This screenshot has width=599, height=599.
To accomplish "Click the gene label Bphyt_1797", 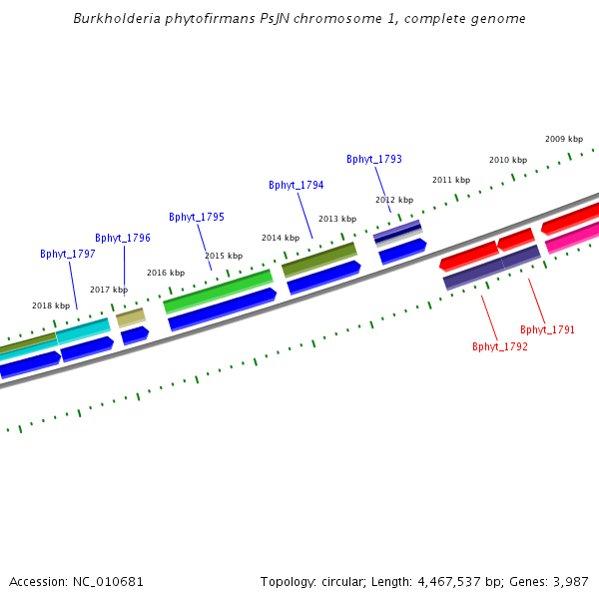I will pos(68,254).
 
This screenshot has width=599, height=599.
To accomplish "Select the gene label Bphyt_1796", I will pos(123,238).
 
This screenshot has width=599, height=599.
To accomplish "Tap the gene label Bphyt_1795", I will pos(197,217).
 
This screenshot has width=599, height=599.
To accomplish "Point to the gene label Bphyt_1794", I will pos(297,185).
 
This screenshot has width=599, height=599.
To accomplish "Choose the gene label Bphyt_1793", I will pos(374,159).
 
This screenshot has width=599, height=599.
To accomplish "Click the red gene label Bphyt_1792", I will pos(500,346).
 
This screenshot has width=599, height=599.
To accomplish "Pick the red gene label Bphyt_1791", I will pos(547,329).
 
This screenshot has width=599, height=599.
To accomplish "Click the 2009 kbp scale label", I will pos(564,139).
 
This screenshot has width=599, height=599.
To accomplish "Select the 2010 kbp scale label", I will pos(508,160).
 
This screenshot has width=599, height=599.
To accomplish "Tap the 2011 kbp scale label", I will pos(451,180).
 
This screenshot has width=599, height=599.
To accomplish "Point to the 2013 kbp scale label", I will pos(337,219).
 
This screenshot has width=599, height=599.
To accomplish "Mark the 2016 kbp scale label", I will pos(166,273).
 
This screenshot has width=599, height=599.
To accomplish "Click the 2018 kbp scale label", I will pos(51,305).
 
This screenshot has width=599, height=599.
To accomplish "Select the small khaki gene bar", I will pos(131,317).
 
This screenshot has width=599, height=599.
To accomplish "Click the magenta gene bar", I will pos(572,238).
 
